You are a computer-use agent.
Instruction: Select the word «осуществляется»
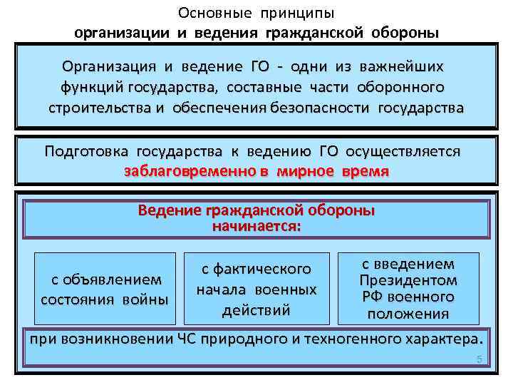coord(403,153)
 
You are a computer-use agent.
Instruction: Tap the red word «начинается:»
coord(256,227)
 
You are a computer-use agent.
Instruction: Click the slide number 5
coord(480,360)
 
